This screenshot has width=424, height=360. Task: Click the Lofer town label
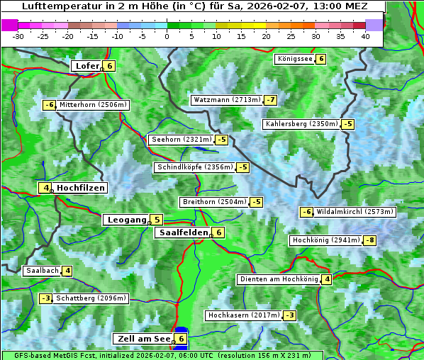(87, 66)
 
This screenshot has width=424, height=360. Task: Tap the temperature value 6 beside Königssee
(320, 59)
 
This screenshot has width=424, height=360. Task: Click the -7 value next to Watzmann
(270, 100)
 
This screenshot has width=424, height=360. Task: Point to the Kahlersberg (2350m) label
(301, 124)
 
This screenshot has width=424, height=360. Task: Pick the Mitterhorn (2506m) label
(93, 105)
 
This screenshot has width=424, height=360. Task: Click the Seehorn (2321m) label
(182, 140)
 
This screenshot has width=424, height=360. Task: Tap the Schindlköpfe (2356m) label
(194, 167)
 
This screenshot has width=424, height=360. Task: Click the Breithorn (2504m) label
(213, 202)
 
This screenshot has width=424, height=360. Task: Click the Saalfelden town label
(183, 232)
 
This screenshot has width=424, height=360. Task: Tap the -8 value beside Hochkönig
(369, 240)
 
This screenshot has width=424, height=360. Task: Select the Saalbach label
(42, 271)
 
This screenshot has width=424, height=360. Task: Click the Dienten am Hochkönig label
(278, 279)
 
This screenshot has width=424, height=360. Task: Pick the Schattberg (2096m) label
(91, 298)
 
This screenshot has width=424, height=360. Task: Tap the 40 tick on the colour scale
(364, 36)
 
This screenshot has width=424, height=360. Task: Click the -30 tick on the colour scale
(18, 36)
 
